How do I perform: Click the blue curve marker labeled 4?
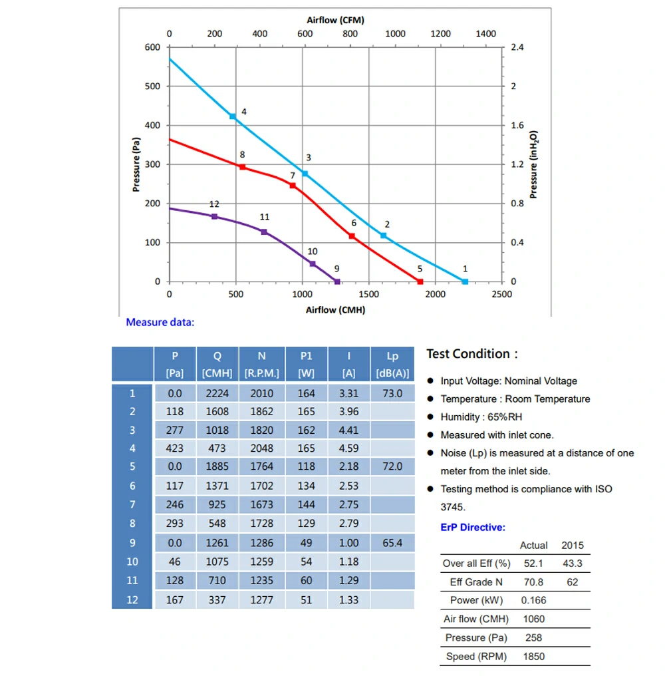point(233,116)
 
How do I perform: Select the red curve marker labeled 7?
point(293,186)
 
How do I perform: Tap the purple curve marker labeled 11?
point(264,232)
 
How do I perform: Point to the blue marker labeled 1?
point(465,281)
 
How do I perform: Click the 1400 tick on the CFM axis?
point(486,34)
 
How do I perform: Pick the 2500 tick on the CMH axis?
point(501,294)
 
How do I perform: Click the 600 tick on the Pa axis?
point(152,47)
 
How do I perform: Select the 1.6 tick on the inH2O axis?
point(517,125)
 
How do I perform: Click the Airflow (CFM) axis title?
point(335,20)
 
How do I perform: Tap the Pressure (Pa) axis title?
point(136,164)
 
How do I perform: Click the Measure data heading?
point(160,323)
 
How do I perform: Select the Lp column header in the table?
point(392,364)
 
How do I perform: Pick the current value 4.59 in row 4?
point(348,448)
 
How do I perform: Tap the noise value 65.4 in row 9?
point(392,543)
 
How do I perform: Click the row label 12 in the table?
point(132,599)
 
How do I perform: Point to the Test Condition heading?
point(471,354)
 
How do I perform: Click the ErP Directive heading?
point(473,527)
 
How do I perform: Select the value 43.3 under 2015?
point(572,564)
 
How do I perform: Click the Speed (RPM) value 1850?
point(533,657)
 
